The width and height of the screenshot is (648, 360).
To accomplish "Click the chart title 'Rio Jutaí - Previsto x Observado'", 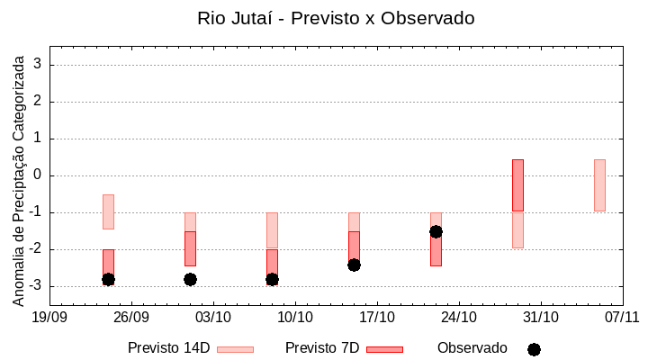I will pos(336,18).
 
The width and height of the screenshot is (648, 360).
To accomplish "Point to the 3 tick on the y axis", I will pos(39,65).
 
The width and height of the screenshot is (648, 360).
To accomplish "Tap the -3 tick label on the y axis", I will pos(35,286).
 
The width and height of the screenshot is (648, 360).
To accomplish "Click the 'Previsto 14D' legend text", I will pos(168,348).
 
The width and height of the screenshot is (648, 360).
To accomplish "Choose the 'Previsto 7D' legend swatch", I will pos(384,349).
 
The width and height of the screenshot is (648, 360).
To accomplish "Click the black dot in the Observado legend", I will pos(534,349).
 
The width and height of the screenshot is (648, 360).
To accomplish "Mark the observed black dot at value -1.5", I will pos(436,231).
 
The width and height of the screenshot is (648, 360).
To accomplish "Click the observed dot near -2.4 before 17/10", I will pos(354,265).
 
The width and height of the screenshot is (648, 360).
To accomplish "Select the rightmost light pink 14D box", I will pos(599,185).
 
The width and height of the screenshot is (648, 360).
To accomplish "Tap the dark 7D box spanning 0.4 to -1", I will pos(517,185).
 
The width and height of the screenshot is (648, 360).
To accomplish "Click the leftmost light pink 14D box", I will pos(108,211).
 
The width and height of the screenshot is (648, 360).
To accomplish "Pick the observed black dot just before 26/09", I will pos(108,279).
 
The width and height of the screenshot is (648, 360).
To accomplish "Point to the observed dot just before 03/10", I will pos(190,279).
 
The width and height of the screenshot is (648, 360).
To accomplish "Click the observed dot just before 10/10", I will pos(272,279).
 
